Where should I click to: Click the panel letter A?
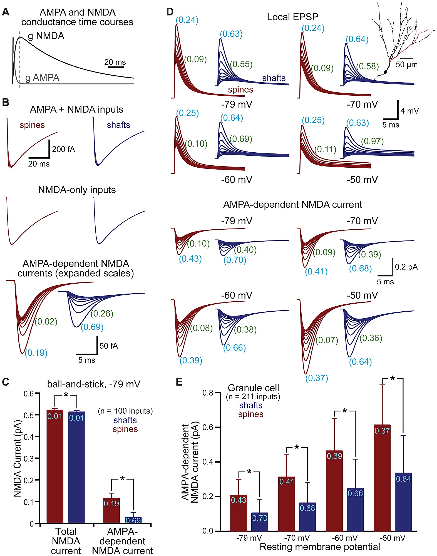point(6,12)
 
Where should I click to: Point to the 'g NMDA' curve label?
point(46,36)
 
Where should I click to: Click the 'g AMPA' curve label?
point(42,78)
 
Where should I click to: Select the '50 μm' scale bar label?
point(406,65)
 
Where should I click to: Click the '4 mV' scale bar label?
point(409,111)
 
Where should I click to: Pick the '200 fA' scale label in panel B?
point(63,149)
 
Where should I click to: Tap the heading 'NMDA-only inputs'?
point(77,190)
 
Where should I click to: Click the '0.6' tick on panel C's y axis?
point(28,394)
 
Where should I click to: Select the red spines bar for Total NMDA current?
point(55,467)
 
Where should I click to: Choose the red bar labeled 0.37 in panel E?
point(382,478)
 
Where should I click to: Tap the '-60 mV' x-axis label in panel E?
point(344,538)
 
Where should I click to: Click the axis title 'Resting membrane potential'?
point(320,547)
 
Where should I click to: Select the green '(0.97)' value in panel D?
point(372,141)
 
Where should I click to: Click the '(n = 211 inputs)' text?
point(253,396)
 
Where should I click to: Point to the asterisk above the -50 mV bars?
point(392,378)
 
